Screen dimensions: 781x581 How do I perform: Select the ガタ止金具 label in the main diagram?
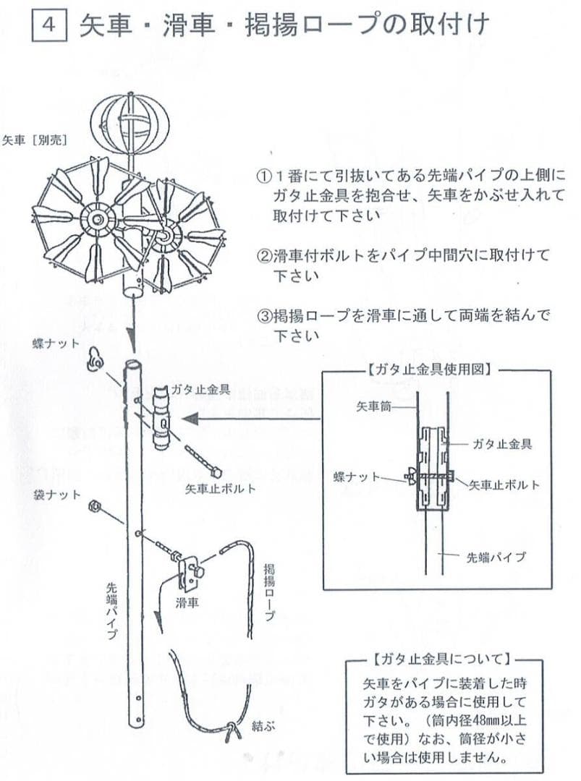pos(200,389)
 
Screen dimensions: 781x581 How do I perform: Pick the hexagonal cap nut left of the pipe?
pos(94,506)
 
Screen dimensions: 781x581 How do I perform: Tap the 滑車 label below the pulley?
pos(187,602)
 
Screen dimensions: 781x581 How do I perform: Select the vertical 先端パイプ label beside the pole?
pos(112,611)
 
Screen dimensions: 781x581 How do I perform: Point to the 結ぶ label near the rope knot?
pos(263,723)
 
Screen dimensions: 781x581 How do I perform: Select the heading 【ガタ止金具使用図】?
pos(432,369)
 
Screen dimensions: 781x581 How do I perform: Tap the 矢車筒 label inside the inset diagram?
pos(374,408)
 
